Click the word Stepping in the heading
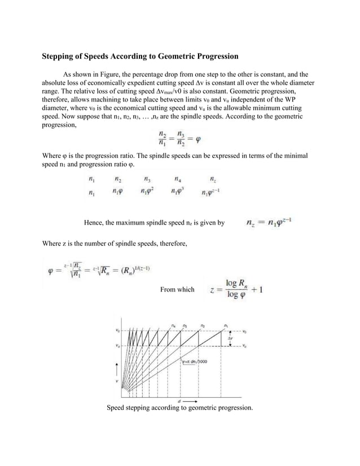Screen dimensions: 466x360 pos(60,56)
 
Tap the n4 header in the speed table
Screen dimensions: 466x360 pos(178,179)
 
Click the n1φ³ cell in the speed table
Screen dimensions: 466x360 pos(178,192)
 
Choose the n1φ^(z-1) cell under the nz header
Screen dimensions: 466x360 pos(212,192)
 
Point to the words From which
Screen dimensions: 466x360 pos(177,290)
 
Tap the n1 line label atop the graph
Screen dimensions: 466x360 pos(226,325)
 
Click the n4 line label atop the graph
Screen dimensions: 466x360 pos(173,325)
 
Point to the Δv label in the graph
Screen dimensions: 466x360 pos(230,339)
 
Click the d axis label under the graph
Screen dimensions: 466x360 pos(179,401)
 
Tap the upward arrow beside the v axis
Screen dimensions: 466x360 pos(117,369)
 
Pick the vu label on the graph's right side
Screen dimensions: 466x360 pos(244,346)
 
